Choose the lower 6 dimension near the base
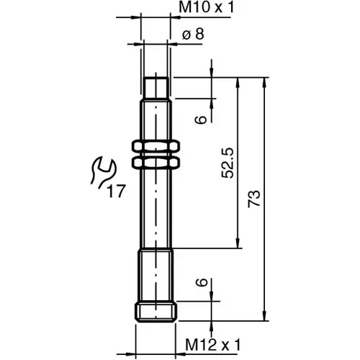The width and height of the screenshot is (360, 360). tap(203, 284)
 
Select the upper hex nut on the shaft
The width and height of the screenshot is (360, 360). tap(156, 147)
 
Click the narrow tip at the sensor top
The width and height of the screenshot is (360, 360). tap(156, 88)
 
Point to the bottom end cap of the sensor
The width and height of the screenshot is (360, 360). tap(156, 311)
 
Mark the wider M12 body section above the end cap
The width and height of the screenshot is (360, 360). tap(156, 274)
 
